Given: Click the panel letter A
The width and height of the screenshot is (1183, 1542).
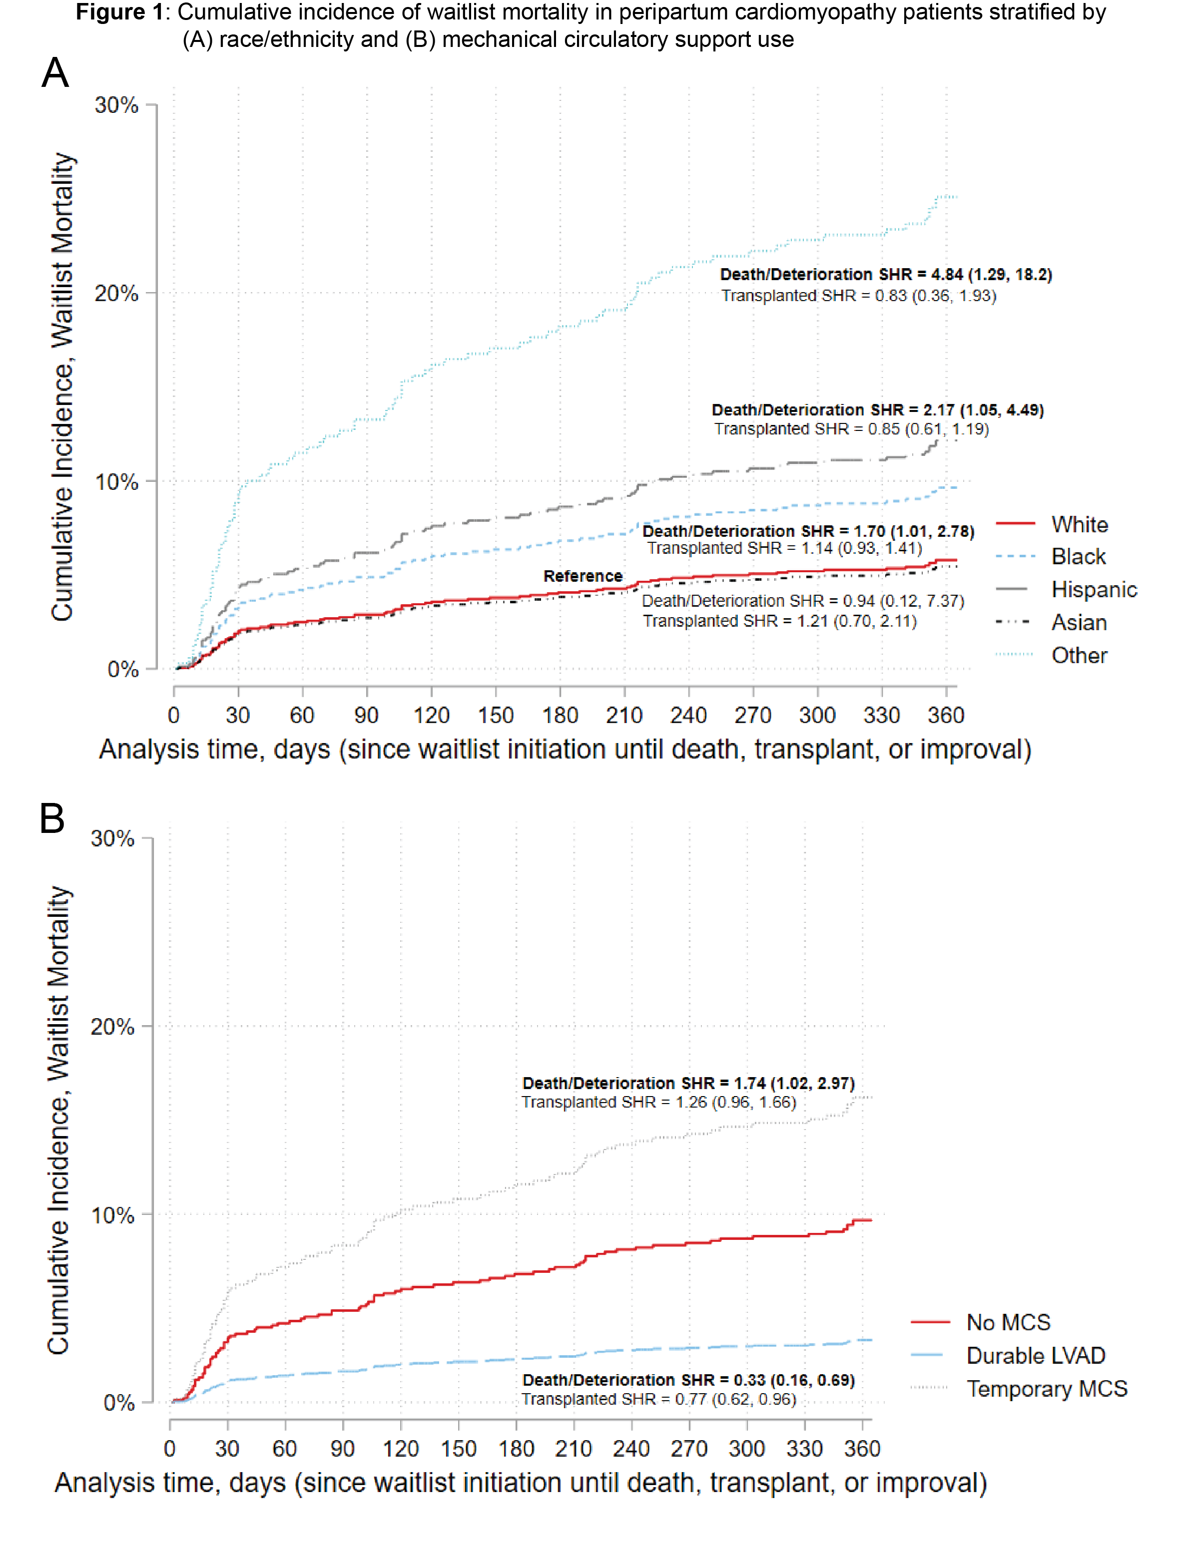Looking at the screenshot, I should coord(55,72).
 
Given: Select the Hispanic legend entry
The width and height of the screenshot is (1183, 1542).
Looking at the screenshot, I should coord(1094,589).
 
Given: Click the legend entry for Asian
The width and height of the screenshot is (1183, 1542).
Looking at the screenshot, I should coord(1079,622).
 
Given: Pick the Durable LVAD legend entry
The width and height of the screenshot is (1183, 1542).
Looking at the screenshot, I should coord(1035,1356).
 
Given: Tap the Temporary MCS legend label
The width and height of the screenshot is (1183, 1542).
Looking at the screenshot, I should coord(1047,1389).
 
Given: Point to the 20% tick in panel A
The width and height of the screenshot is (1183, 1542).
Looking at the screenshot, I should coord(116,294).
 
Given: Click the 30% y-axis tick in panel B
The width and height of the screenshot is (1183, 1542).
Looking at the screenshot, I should coord(113,838).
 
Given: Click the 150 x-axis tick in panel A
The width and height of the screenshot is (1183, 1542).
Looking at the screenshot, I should coord(495,715).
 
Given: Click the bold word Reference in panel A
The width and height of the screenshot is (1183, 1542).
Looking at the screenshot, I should coord(583,576).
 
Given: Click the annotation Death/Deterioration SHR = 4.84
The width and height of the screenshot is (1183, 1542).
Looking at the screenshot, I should coord(885,275).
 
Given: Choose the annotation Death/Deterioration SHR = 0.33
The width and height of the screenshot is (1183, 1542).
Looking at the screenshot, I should coord(688,1380).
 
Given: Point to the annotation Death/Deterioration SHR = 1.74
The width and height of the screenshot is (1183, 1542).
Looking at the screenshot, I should coord(688,1083).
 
